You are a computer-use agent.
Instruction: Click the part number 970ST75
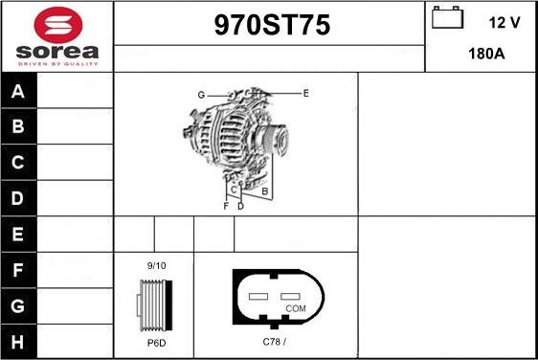click(269, 27)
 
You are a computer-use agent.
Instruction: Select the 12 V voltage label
click(502, 21)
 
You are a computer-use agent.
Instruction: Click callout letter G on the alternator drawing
click(201, 95)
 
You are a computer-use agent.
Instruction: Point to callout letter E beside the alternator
click(305, 93)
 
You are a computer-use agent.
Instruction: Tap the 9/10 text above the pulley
click(156, 265)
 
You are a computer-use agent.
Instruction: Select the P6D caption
click(156, 342)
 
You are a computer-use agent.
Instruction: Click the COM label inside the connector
click(296, 308)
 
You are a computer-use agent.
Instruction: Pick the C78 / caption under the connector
click(275, 342)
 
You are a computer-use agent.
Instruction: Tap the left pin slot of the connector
click(258, 297)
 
